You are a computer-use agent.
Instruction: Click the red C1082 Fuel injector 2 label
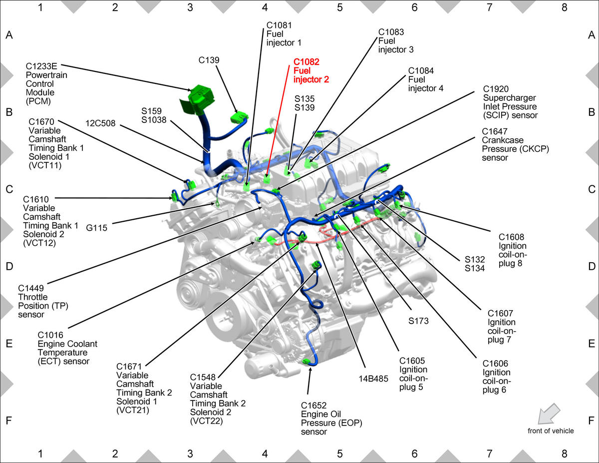pyautogui.click(x=311, y=70)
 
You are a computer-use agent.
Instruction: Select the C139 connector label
pyautogui.click(x=209, y=60)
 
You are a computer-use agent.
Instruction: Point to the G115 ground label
pyautogui.click(x=96, y=228)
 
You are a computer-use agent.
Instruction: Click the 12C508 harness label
pyautogui.click(x=100, y=123)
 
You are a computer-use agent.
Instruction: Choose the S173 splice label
pyautogui.click(x=418, y=321)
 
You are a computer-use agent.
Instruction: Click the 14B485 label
pyautogui.click(x=373, y=379)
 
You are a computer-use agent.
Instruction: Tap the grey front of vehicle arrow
pyautogui.click(x=549, y=414)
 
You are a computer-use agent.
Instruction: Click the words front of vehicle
pyautogui.click(x=551, y=431)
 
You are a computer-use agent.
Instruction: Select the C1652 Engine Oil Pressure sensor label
pyautogui.click(x=331, y=419)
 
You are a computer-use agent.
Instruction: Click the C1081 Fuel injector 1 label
pyautogui.click(x=284, y=34)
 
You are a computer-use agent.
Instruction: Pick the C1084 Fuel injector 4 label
pyautogui.click(x=425, y=79)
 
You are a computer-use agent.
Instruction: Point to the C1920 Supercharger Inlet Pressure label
pyautogui.click(x=510, y=102)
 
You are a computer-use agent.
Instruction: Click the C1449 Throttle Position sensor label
pyautogui.click(x=43, y=301)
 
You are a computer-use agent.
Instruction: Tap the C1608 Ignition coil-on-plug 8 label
pyautogui.click(x=513, y=250)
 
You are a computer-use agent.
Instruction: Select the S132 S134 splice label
pyautogui.click(x=474, y=264)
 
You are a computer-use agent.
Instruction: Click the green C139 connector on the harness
pyautogui.click(x=239, y=117)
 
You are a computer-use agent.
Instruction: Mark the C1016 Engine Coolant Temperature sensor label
pyautogui.click(x=67, y=348)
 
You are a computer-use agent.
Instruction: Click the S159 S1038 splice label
pyautogui.click(x=154, y=115)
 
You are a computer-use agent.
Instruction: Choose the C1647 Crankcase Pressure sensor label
pyautogui.click(x=515, y=144)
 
